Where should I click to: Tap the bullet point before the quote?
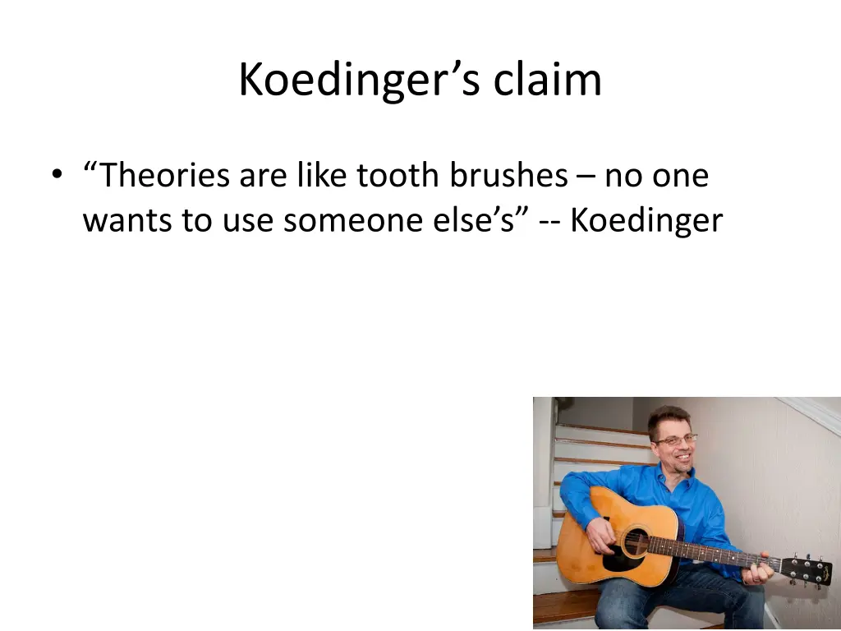[x=56, y=175]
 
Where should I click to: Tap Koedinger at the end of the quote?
[x=646, y=220]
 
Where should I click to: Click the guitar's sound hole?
[x=634, y=542]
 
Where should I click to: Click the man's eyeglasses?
[x=675, y=440]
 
